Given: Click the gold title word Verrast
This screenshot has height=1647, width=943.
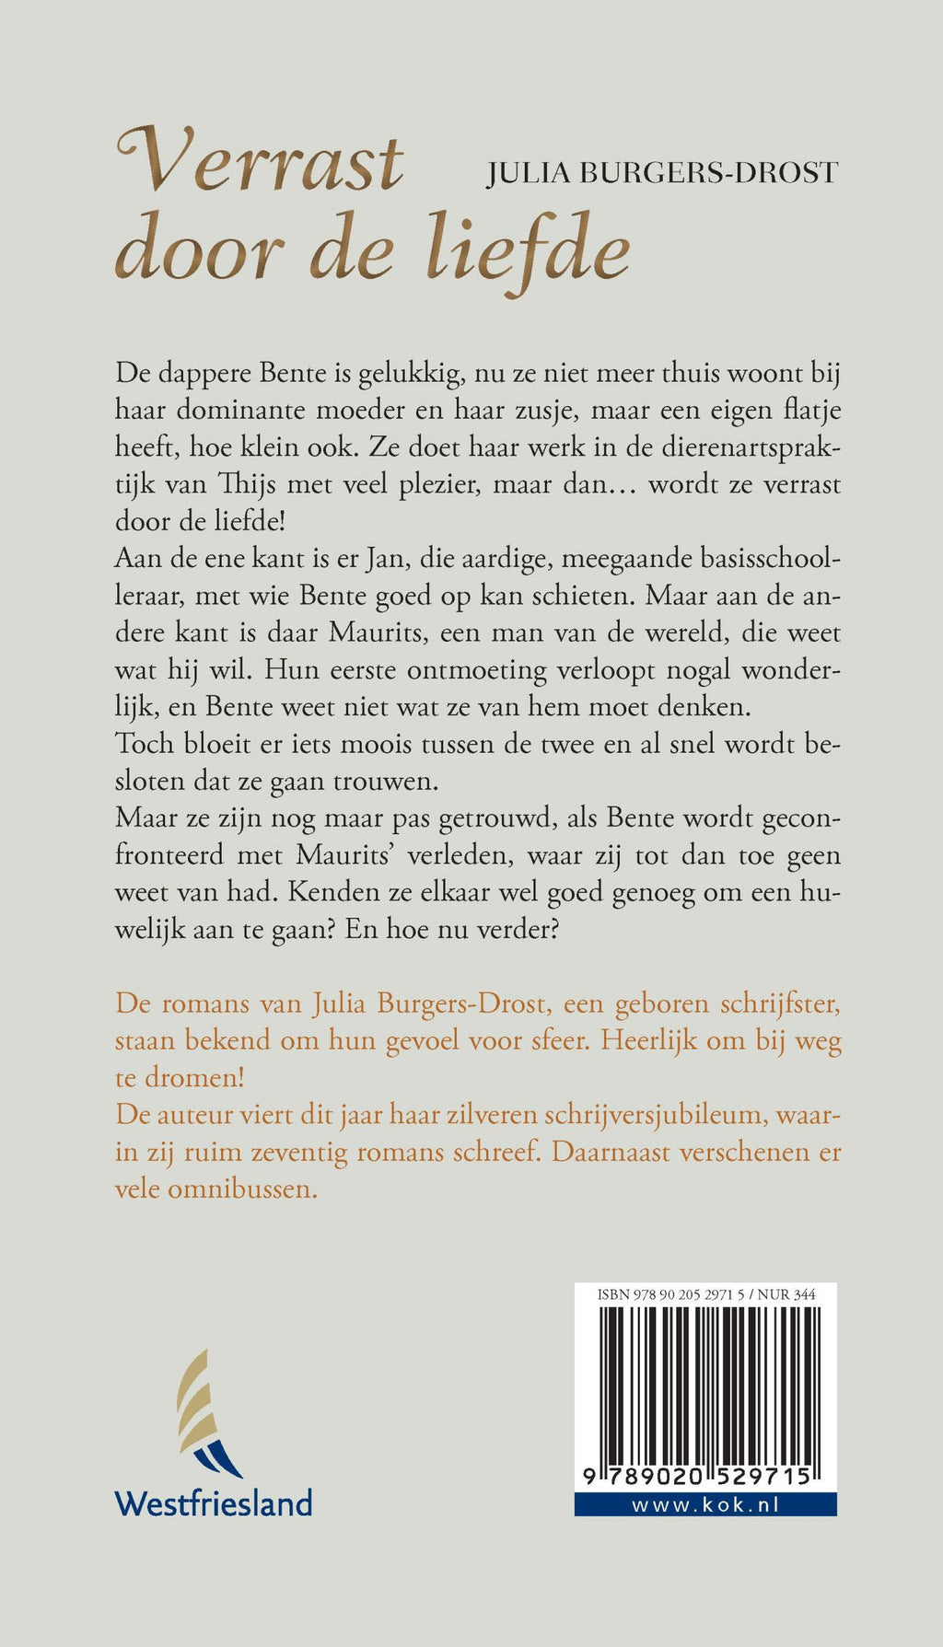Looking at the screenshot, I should coord(261,163).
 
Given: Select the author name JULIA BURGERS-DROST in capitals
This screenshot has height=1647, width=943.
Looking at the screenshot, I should coord(662,172).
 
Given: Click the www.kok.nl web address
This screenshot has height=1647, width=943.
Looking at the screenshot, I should coord(705,1504).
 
